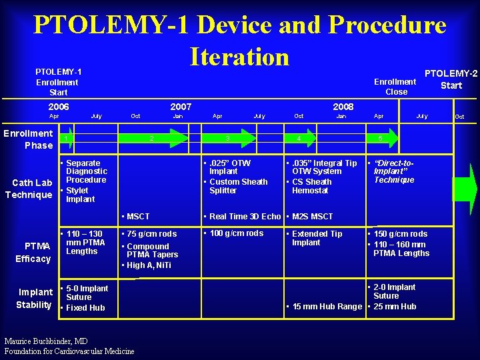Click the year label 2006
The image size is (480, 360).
tap(59, 107)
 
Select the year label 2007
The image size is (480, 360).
tap(181, 107)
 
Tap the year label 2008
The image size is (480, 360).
tap(343, 107)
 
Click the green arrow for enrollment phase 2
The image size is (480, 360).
tap(153, 138)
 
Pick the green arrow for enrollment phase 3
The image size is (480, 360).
tap(229, 138)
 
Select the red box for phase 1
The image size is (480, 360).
tap(65, 139)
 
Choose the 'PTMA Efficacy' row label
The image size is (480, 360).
tap(33, 253)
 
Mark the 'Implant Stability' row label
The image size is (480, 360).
tap(35, 298)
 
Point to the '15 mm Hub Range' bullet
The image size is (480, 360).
tap(323, 307)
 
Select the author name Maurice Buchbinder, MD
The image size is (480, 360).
tap(45, 341)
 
